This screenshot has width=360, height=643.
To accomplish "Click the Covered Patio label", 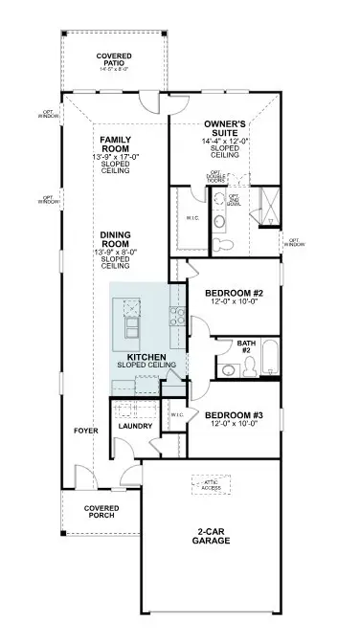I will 114,60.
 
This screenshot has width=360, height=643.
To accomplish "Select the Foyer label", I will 86,431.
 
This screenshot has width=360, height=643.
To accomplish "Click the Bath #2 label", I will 246,346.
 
